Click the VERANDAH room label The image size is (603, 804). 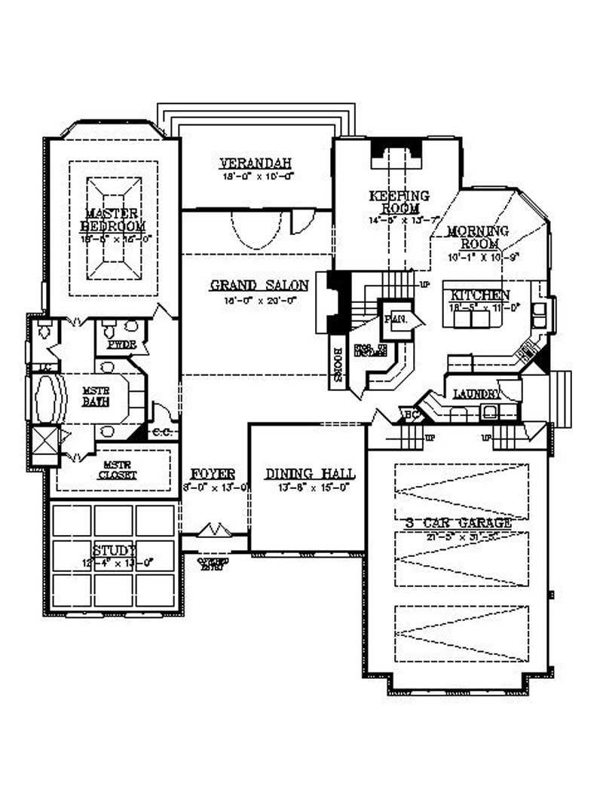(256, 163)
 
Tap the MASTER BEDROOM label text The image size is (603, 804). (115, 220)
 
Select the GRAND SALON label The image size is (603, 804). (259, 286)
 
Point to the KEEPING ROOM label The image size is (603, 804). (399, 202)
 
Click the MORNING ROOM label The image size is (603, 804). (477, 237)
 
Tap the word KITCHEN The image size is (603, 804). (481, 295)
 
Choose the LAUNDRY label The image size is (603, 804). (476, 394)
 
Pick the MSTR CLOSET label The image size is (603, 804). (117, 469)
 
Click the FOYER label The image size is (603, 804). (213, 474)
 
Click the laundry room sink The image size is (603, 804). (489, 411)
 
